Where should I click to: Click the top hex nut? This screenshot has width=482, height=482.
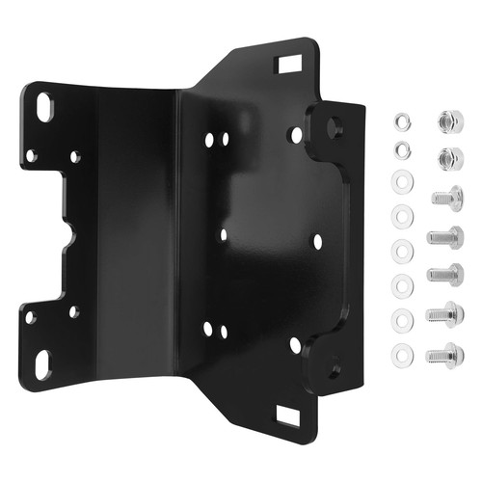tap(445, 121)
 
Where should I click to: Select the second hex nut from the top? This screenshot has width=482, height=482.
tap(445, 157)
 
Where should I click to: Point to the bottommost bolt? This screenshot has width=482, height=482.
tap(445, 354)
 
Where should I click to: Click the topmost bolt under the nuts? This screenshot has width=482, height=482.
tap(446, 198)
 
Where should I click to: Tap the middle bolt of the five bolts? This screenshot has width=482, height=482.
tap(444, 274)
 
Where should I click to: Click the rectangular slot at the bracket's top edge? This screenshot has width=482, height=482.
tap(287, 67)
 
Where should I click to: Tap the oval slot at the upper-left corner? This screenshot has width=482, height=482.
tap(44, 105)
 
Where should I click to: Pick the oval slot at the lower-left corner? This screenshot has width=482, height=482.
tap(44, 362)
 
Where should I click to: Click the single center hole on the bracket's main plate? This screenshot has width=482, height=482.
tap(224, 234)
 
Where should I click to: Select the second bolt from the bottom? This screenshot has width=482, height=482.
tap(445, 313)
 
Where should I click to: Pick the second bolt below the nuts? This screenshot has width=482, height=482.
tap(444, 235)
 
